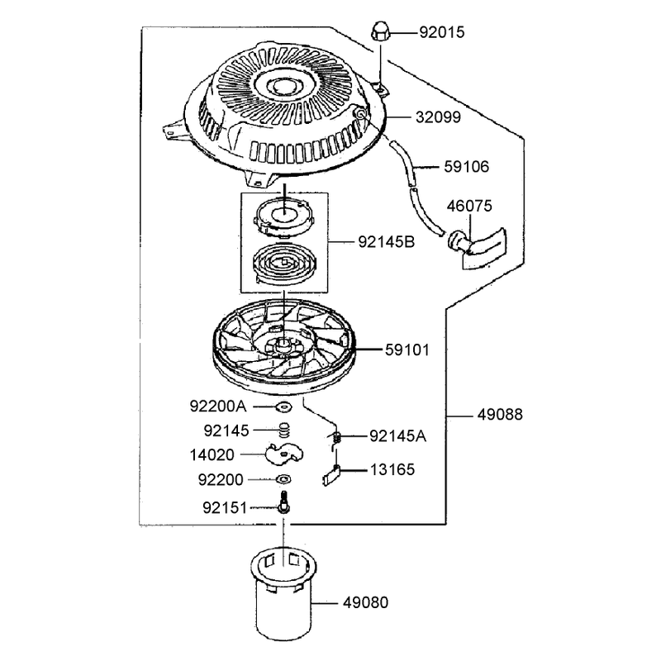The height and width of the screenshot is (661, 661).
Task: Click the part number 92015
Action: tap(442, 32)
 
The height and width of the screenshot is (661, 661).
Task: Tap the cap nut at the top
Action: tap(380, 32)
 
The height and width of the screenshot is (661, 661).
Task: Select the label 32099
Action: tap(439, 117)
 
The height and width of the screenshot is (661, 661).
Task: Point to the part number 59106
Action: tap(466, 167)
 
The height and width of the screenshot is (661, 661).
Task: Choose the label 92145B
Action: tap(387, 242)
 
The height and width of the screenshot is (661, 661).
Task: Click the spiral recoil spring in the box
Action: tap(283, 264)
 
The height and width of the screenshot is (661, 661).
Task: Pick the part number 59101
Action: tap(407, 350)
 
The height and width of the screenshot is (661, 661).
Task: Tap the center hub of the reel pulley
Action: tap(283, 345)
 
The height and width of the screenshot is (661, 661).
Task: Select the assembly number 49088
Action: tap(500, 415)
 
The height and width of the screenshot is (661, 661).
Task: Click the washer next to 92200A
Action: tap(283, 407)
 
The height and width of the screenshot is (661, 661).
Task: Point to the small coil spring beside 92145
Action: tap(285, 430)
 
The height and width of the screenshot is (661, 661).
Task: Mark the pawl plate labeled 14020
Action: tap(283, 454)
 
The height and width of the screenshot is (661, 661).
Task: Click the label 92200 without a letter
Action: tap(221, 480)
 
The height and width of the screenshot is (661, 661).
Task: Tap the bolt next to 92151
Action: tap(283, 502)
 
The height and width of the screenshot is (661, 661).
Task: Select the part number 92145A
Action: tap(397, 436)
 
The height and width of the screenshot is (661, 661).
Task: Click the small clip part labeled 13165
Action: tap(332, 475)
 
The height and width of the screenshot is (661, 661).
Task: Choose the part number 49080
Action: tap(365, 602)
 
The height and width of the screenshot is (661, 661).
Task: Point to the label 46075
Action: tap(469, 206)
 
